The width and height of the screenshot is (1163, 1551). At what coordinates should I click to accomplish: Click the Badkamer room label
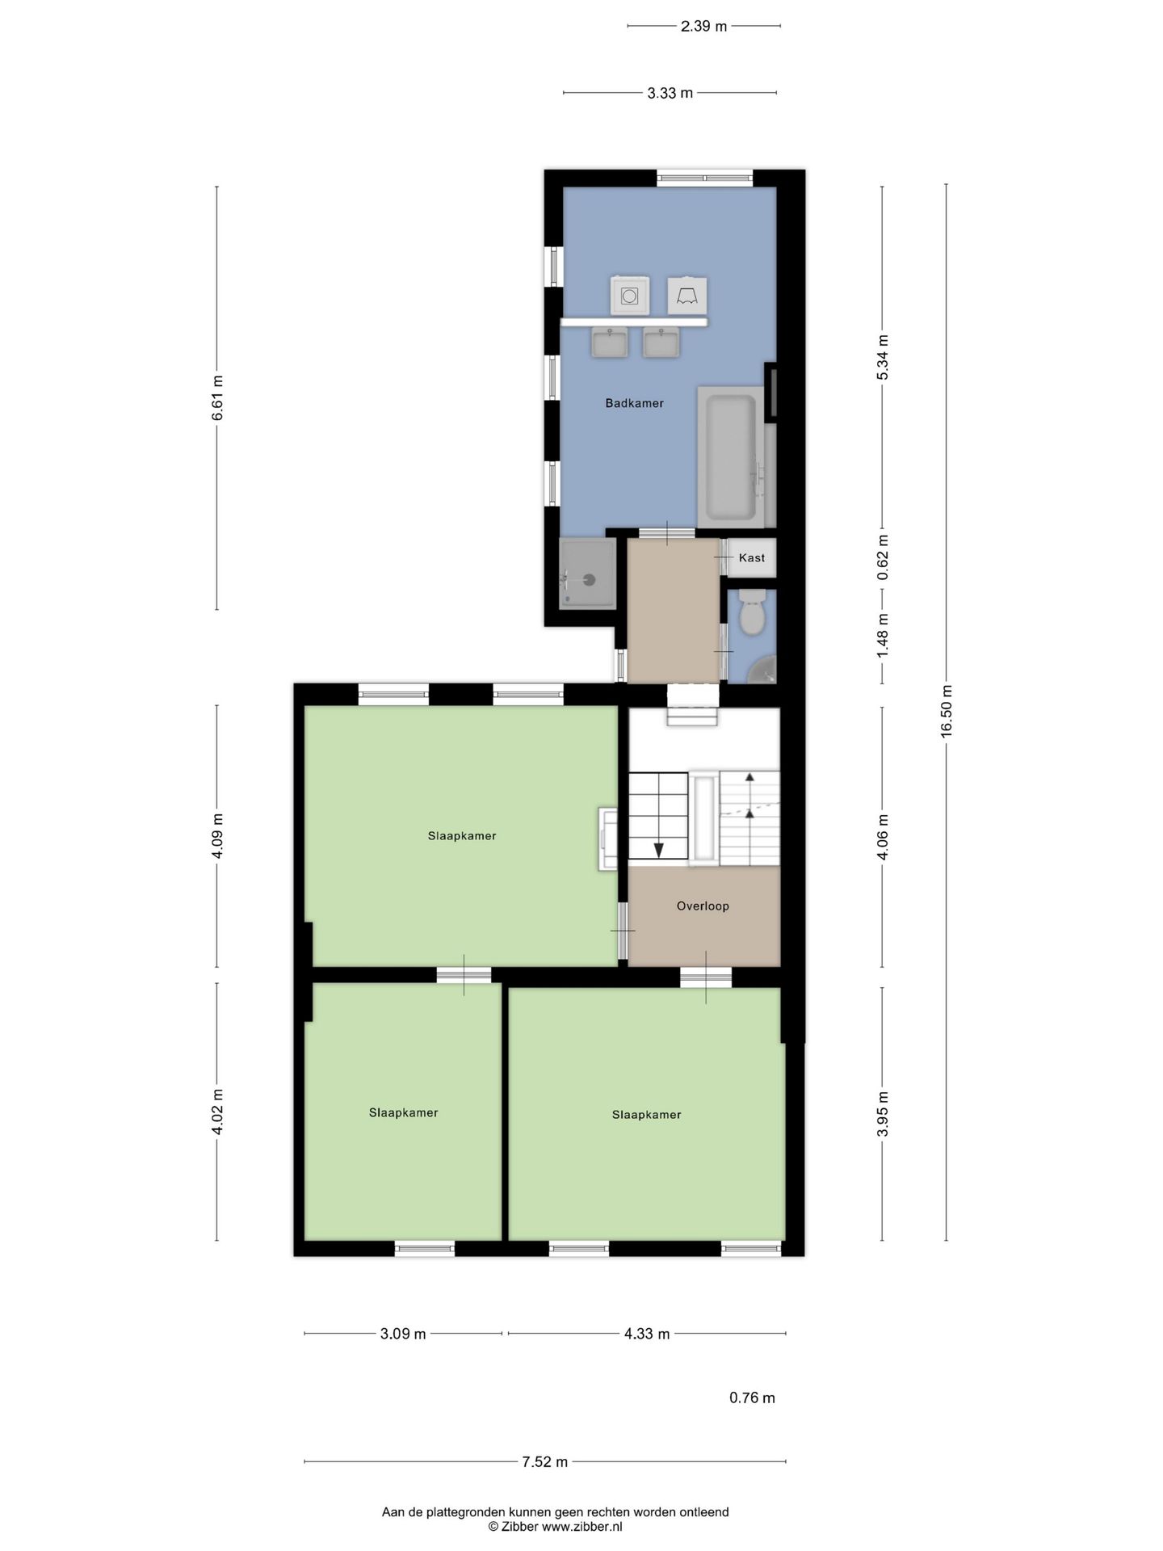tap(634, 403)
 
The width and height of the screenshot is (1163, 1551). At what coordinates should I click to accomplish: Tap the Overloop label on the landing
tap(703, 906)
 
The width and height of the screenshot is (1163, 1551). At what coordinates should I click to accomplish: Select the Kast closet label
tap(751, 558)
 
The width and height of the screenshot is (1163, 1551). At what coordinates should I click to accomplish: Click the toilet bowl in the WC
tap(752, 616)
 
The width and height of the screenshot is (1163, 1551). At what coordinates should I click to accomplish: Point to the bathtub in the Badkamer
tap(731, 456)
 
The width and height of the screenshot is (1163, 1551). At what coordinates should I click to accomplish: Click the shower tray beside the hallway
tap(589, 574)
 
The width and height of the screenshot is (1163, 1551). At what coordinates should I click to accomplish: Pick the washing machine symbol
tap(630, 296)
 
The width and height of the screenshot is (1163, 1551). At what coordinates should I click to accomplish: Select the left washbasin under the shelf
tap(610, 343)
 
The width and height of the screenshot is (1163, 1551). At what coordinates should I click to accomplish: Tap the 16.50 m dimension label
tap(947, 710)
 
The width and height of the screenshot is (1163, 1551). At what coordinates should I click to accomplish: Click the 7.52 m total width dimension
tap(544, 1461)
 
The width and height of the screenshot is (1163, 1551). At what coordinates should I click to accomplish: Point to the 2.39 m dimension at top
tap(703, 26)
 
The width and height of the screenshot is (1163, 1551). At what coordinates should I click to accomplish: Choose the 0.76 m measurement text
tap(752, 1398)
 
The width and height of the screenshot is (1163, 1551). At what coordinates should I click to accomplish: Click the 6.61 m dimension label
tap(217, 397)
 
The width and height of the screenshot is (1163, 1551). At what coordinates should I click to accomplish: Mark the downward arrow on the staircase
tap(658, 849)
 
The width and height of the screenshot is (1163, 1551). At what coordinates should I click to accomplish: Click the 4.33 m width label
tap(646, 1334)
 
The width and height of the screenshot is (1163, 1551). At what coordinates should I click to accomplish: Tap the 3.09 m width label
tap(403, 1334)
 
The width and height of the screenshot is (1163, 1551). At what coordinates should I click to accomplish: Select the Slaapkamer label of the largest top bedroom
tap(462, 836)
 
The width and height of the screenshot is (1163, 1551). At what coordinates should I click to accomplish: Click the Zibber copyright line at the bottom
tap(555, 1527)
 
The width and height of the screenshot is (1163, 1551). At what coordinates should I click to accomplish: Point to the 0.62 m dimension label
tap(883, 557)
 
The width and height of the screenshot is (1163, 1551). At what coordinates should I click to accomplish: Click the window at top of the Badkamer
tap(704, 178)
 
